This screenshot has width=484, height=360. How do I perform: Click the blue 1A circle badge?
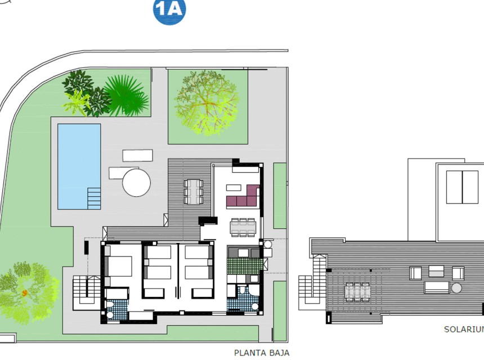(x=169, y=11)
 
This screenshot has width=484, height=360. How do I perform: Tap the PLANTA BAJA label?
(x=262, y=353)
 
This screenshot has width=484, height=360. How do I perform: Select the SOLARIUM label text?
(x=463, y=329)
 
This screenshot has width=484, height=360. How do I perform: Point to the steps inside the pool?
(x=94, y=198)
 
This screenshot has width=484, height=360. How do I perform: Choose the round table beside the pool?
(x=136, y=183)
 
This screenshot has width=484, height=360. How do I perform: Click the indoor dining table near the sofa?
(x=243, y=226)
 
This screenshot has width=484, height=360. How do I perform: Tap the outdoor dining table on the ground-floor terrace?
(x=193, y=191)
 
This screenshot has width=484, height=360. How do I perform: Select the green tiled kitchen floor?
(x=244, y=265)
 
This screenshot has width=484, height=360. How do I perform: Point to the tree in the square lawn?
(x=206, y=102)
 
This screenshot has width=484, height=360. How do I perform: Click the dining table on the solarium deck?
(x=357, y=291)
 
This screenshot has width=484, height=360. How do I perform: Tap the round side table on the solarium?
(x=456, y=288)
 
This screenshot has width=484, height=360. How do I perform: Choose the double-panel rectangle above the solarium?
(x=462, y=187)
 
